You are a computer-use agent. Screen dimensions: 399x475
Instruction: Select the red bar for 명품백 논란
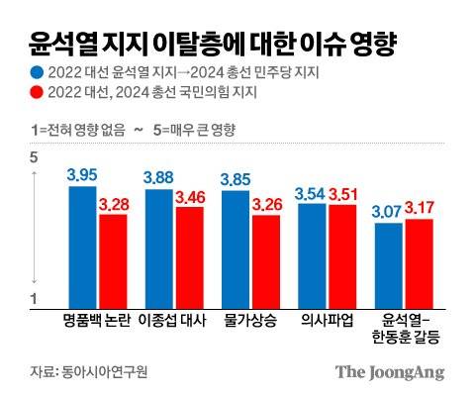(x=113, y=262)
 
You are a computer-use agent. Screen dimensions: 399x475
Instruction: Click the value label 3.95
(x=83, y=175)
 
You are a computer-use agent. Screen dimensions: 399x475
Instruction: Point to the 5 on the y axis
(x=34, y=157)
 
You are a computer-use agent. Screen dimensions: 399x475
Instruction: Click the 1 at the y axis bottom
(x=34, y=299)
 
